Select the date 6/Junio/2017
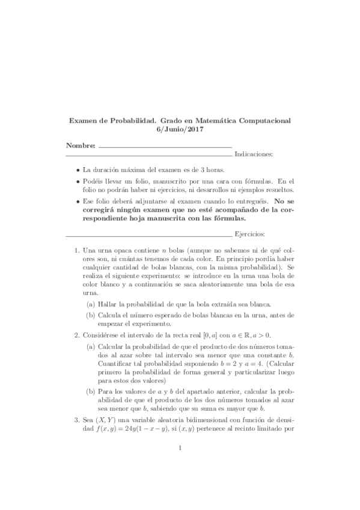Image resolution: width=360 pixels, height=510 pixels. (x=180, y=129)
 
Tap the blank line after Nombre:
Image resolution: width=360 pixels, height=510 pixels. (x=165, y=147)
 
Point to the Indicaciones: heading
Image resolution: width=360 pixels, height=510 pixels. (x=254, y=155)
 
